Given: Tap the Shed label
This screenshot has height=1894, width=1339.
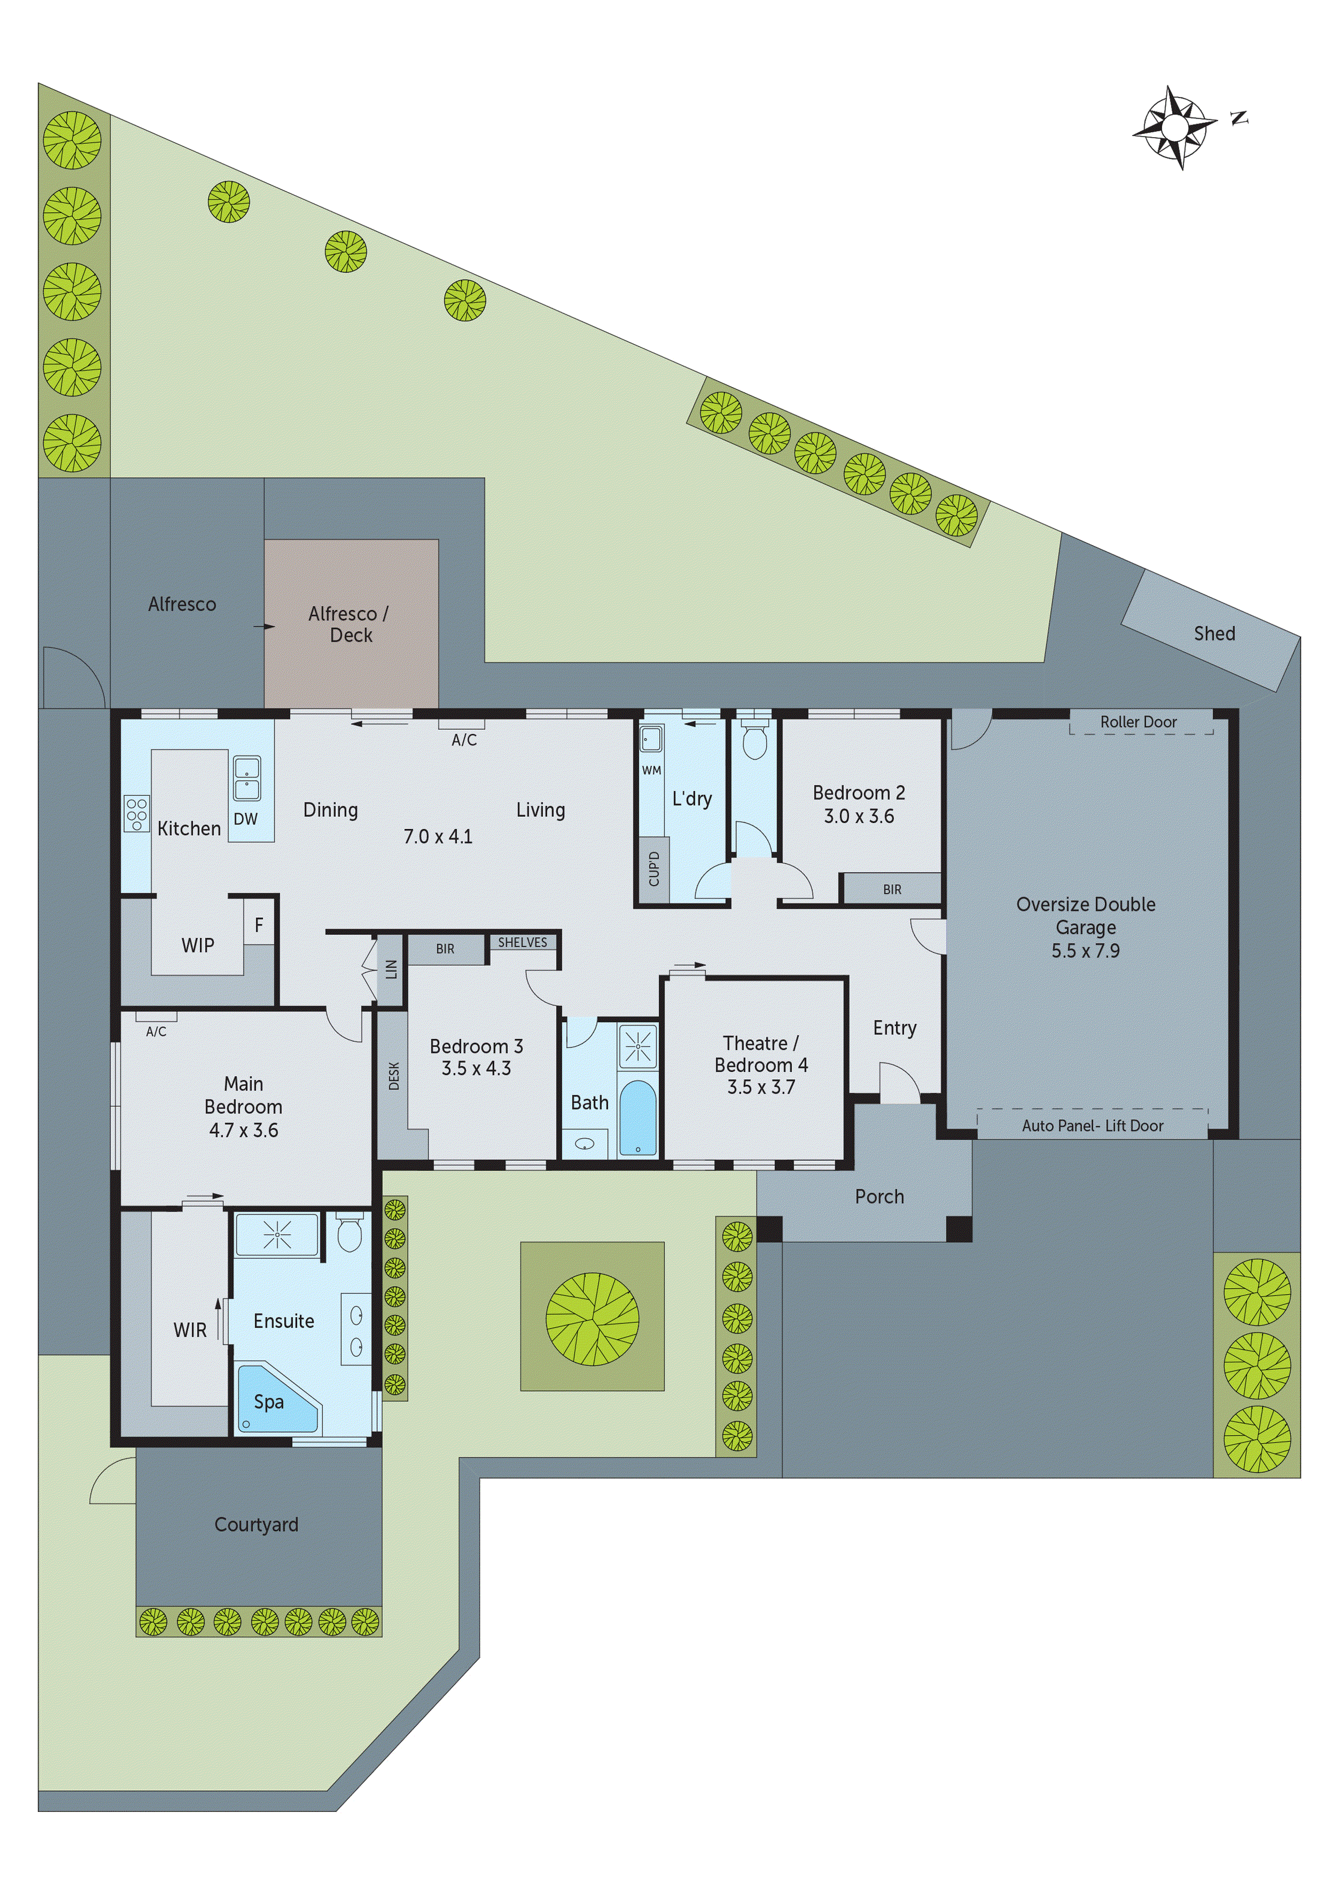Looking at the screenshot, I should (1214, 633).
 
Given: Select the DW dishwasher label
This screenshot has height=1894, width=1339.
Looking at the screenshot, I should (245, 819).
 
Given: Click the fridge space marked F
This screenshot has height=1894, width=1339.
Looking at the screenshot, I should (258, 925).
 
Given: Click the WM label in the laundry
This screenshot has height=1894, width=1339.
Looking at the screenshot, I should (651, 770).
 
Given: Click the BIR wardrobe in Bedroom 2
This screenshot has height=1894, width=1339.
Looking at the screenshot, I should (892, 889).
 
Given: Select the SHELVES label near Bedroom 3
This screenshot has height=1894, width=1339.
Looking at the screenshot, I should (522, 942).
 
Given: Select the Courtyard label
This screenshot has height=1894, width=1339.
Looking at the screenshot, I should (256, 1525).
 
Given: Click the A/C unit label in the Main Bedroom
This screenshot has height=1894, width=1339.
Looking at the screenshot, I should (156, 1031).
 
